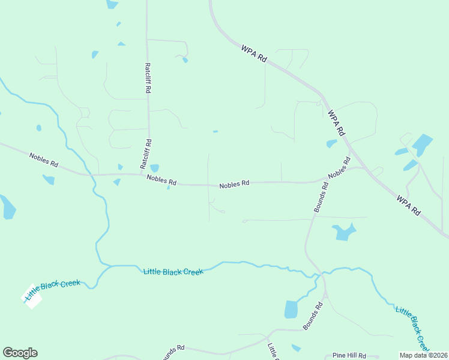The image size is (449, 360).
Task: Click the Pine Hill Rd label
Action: [349, 356]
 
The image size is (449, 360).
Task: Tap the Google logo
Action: [20, 353]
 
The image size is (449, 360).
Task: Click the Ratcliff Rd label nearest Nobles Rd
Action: [145, 154]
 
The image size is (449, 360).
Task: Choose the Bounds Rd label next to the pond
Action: [313, 316]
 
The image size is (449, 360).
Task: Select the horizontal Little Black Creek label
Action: [173, 272]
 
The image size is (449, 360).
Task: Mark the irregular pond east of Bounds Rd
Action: [344, 231]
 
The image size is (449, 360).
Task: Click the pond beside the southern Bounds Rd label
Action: [291, 309]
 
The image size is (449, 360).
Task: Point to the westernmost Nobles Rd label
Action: [44, 160]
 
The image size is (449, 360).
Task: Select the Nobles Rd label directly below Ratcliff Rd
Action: [162, 179]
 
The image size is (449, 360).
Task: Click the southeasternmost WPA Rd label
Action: [408, 205]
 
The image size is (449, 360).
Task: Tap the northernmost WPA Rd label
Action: [253, 55]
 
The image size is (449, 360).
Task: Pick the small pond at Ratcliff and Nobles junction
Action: [154, 168]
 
